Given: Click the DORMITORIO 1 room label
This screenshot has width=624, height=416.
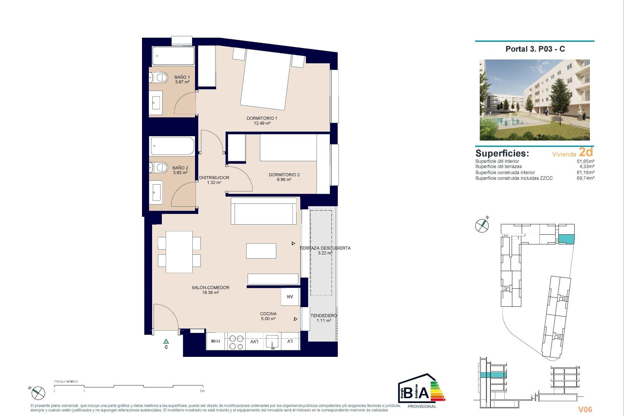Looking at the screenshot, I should (262, 121).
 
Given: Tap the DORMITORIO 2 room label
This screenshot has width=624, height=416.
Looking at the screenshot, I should (284, 177).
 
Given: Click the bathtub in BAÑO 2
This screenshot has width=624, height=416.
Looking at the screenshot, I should (173, 146).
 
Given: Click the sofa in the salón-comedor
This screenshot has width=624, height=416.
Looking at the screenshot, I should (264, 211).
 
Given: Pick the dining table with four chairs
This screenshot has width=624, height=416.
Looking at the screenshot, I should (179, 252).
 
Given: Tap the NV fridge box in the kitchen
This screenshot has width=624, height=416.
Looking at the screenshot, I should (290, 297).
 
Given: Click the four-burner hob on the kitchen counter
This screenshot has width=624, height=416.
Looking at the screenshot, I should (236, 342).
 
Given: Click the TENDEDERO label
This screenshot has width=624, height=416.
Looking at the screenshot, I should (324, 318).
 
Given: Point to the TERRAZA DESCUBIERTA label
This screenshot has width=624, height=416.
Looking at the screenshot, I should (325, 250).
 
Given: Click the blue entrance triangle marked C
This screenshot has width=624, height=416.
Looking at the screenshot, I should (166, 342).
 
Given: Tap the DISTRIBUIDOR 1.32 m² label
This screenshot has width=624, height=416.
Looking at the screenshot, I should (214, 180).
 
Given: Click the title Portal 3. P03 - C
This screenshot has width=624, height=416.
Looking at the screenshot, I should (535, 49).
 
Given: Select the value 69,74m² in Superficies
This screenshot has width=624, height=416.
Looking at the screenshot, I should (585, 178).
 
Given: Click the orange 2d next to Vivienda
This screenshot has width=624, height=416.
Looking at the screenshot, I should (586, 152).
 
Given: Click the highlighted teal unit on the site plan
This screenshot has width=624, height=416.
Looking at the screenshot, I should (566, 239).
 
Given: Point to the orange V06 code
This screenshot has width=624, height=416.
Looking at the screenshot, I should (585, 409).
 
